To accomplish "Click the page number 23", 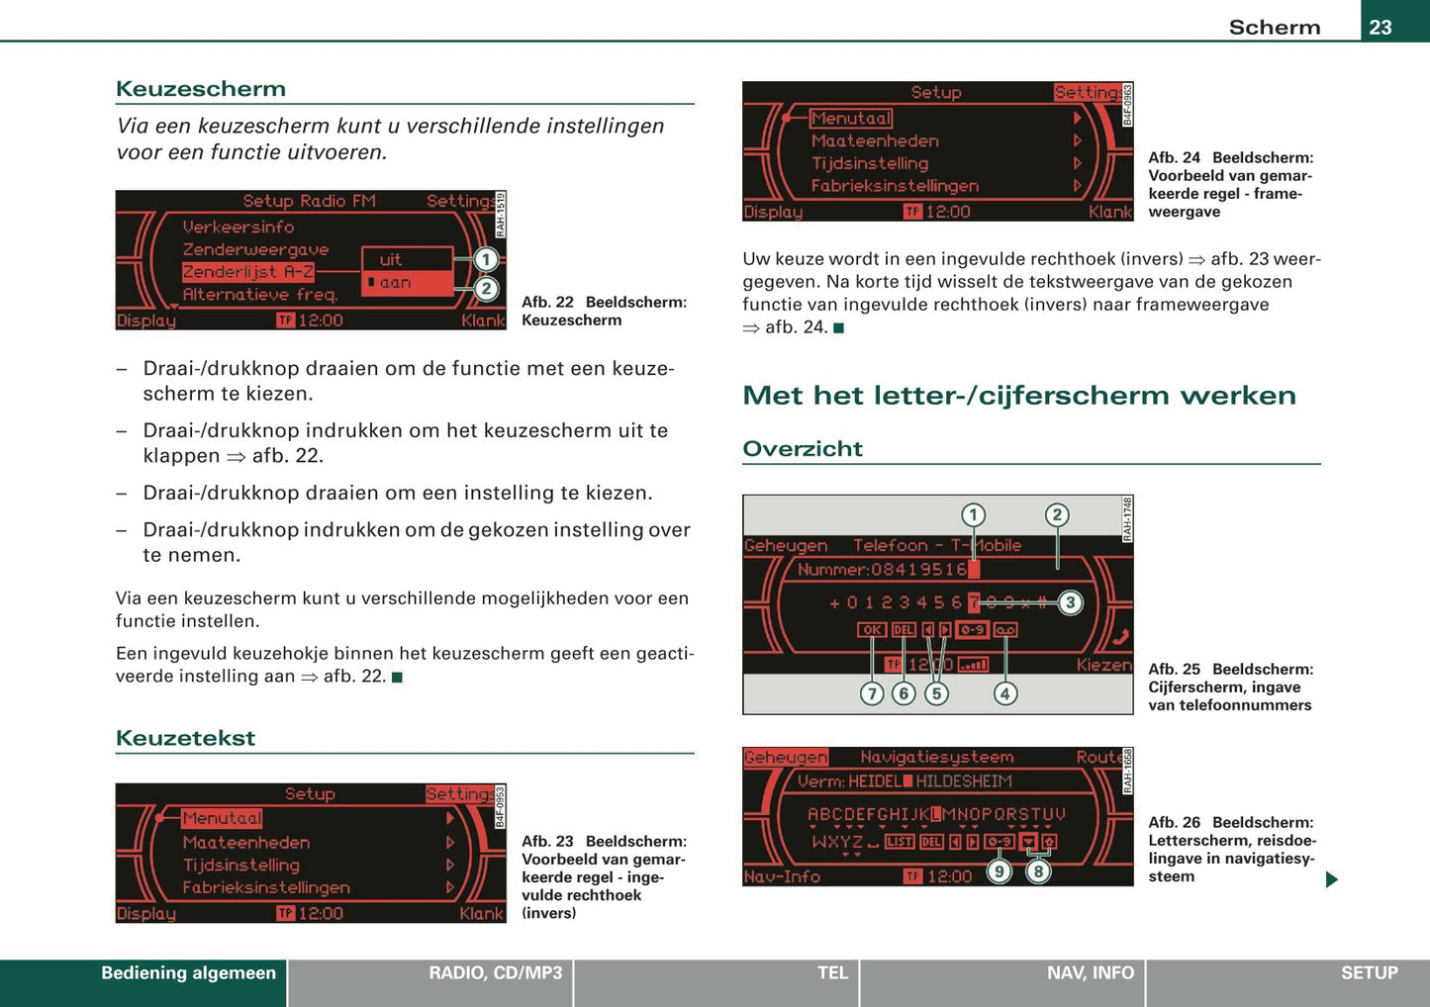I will click(x=1381, y=27).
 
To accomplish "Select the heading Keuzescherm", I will click(x=201, y=89).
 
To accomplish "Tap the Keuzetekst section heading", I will click(x=185, y=738).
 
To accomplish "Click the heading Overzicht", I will click(x=803, y=449).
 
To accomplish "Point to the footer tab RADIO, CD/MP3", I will click(x=495, y=973).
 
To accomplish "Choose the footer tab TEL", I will click(x=832, y=973).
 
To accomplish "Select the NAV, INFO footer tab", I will click(x=1090, y=973).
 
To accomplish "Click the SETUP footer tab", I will click(x=1369, y=973).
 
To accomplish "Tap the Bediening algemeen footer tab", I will click(x=188, y=973).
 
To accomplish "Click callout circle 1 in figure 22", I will click(x=486, y=260).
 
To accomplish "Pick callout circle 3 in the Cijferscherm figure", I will click(x=1070, y=602).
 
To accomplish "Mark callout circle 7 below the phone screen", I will click(x=871, y=693).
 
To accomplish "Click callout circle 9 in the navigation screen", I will click(x=1000, y=871).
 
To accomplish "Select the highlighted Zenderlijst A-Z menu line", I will click(x=248, y=272).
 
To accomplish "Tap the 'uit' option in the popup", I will click(x=391, y=260).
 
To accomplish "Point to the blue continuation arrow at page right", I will click(x=1331, y=879).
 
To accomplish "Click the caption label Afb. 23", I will click(x=547, y=842).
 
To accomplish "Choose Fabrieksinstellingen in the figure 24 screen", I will click(x=895, y=186).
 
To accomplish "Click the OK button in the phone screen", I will click(x=871, y=630).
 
